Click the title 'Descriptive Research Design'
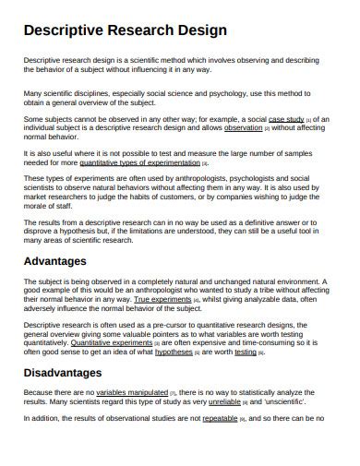point(125,30)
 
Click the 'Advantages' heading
point(61,261)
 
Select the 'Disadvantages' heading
point(75,374)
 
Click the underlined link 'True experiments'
point(162,301)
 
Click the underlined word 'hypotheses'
point(174,352)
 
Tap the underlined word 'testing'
point(246,352)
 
